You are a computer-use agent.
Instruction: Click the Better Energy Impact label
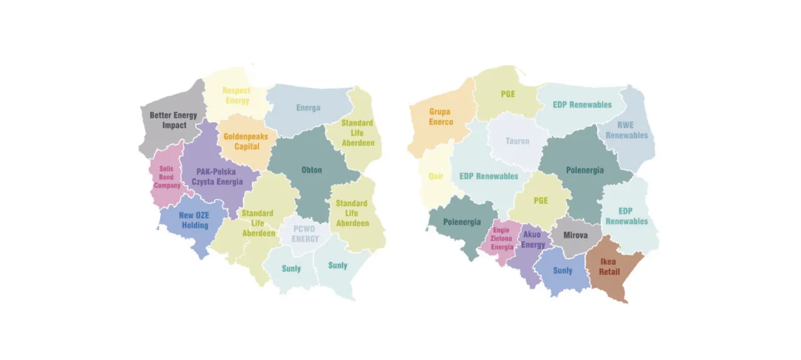(x=173, y=120)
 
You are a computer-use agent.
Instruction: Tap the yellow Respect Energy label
(x=236, y=96)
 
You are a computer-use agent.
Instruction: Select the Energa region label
(x=308, y=108)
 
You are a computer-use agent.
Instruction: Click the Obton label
(x=312, y=170)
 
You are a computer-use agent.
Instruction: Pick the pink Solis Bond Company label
(x=167, y=177)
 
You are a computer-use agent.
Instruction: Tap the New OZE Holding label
(x=194, y=220)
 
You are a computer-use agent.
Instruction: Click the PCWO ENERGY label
(x=305, y=234)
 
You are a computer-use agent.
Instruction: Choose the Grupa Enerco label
(x=440, y=117)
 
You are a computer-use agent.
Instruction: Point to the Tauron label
(x=517, y=141)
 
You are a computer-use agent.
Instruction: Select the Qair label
(x=436, y=176)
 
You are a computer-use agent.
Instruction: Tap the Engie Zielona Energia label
(x=502, y=239)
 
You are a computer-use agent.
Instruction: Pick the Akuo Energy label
(x=533, y=240)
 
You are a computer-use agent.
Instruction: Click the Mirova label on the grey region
(x=575, y=235)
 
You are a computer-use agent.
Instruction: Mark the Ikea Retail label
(x=609, y=267)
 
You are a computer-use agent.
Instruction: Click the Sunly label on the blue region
(x=562, y=270)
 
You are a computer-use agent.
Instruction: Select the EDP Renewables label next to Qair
(x=489, y=176)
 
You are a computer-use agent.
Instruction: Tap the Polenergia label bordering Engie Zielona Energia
(x=462, y=222)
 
